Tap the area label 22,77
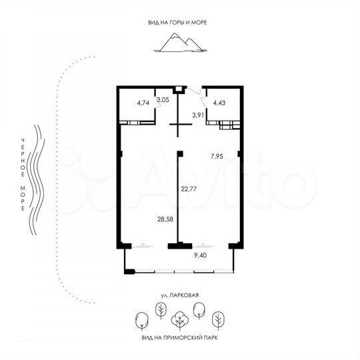pyautogui.click(x=189, y=189)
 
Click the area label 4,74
pyautogui.click(x=143, y=103)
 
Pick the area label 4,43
pyautogui.click(x=220, y=103)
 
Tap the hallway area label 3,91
pyautogui.click(x=198, y=115)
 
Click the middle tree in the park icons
pyautogui.click(x=179, y=321)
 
